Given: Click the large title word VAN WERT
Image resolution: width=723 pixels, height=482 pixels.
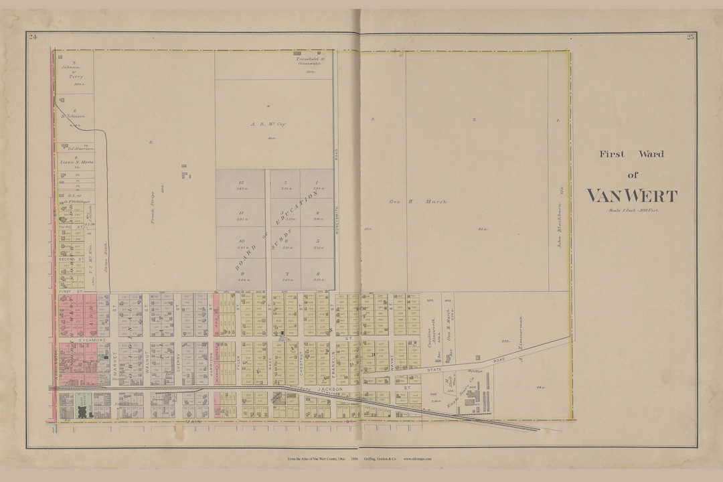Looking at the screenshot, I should click(632, 196).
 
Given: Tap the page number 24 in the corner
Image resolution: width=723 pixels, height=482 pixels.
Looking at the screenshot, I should click(32, 36).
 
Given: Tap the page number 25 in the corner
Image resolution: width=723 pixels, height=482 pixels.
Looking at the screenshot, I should click(690, 36).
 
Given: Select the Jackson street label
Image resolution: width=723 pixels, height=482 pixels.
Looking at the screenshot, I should click(330, 388).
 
